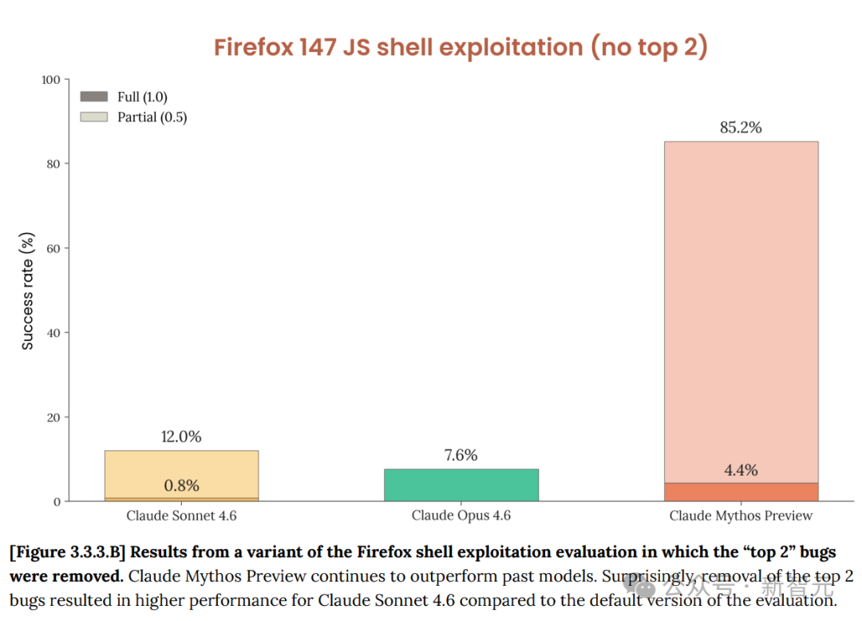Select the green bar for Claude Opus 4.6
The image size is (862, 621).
(x=461, y=485)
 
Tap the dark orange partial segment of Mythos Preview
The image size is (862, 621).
(x=741, y=492)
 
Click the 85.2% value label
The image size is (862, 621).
(x=741, y=128)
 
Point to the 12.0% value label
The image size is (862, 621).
(x=181, y=437)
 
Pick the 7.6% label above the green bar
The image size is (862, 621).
(x=461, y=455)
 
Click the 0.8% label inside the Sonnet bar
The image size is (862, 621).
(x=181, y=485)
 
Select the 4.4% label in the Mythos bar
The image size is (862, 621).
(x=741, y=471)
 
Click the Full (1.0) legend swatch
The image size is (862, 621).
(x=94, y=97)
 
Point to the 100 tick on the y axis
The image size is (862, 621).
(x=51, y=79)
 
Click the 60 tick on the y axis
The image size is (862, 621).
(x=53, y=248)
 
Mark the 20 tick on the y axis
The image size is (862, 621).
(x=53, y=417)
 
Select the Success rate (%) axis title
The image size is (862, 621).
(x=28, y=291)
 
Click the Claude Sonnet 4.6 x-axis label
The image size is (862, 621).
(x=181, y=516)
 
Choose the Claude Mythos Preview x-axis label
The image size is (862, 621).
(x=741, y=516)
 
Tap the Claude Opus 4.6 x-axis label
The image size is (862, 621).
(x=461, y=516)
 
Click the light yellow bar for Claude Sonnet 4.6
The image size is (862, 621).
(x=181, y=467)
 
